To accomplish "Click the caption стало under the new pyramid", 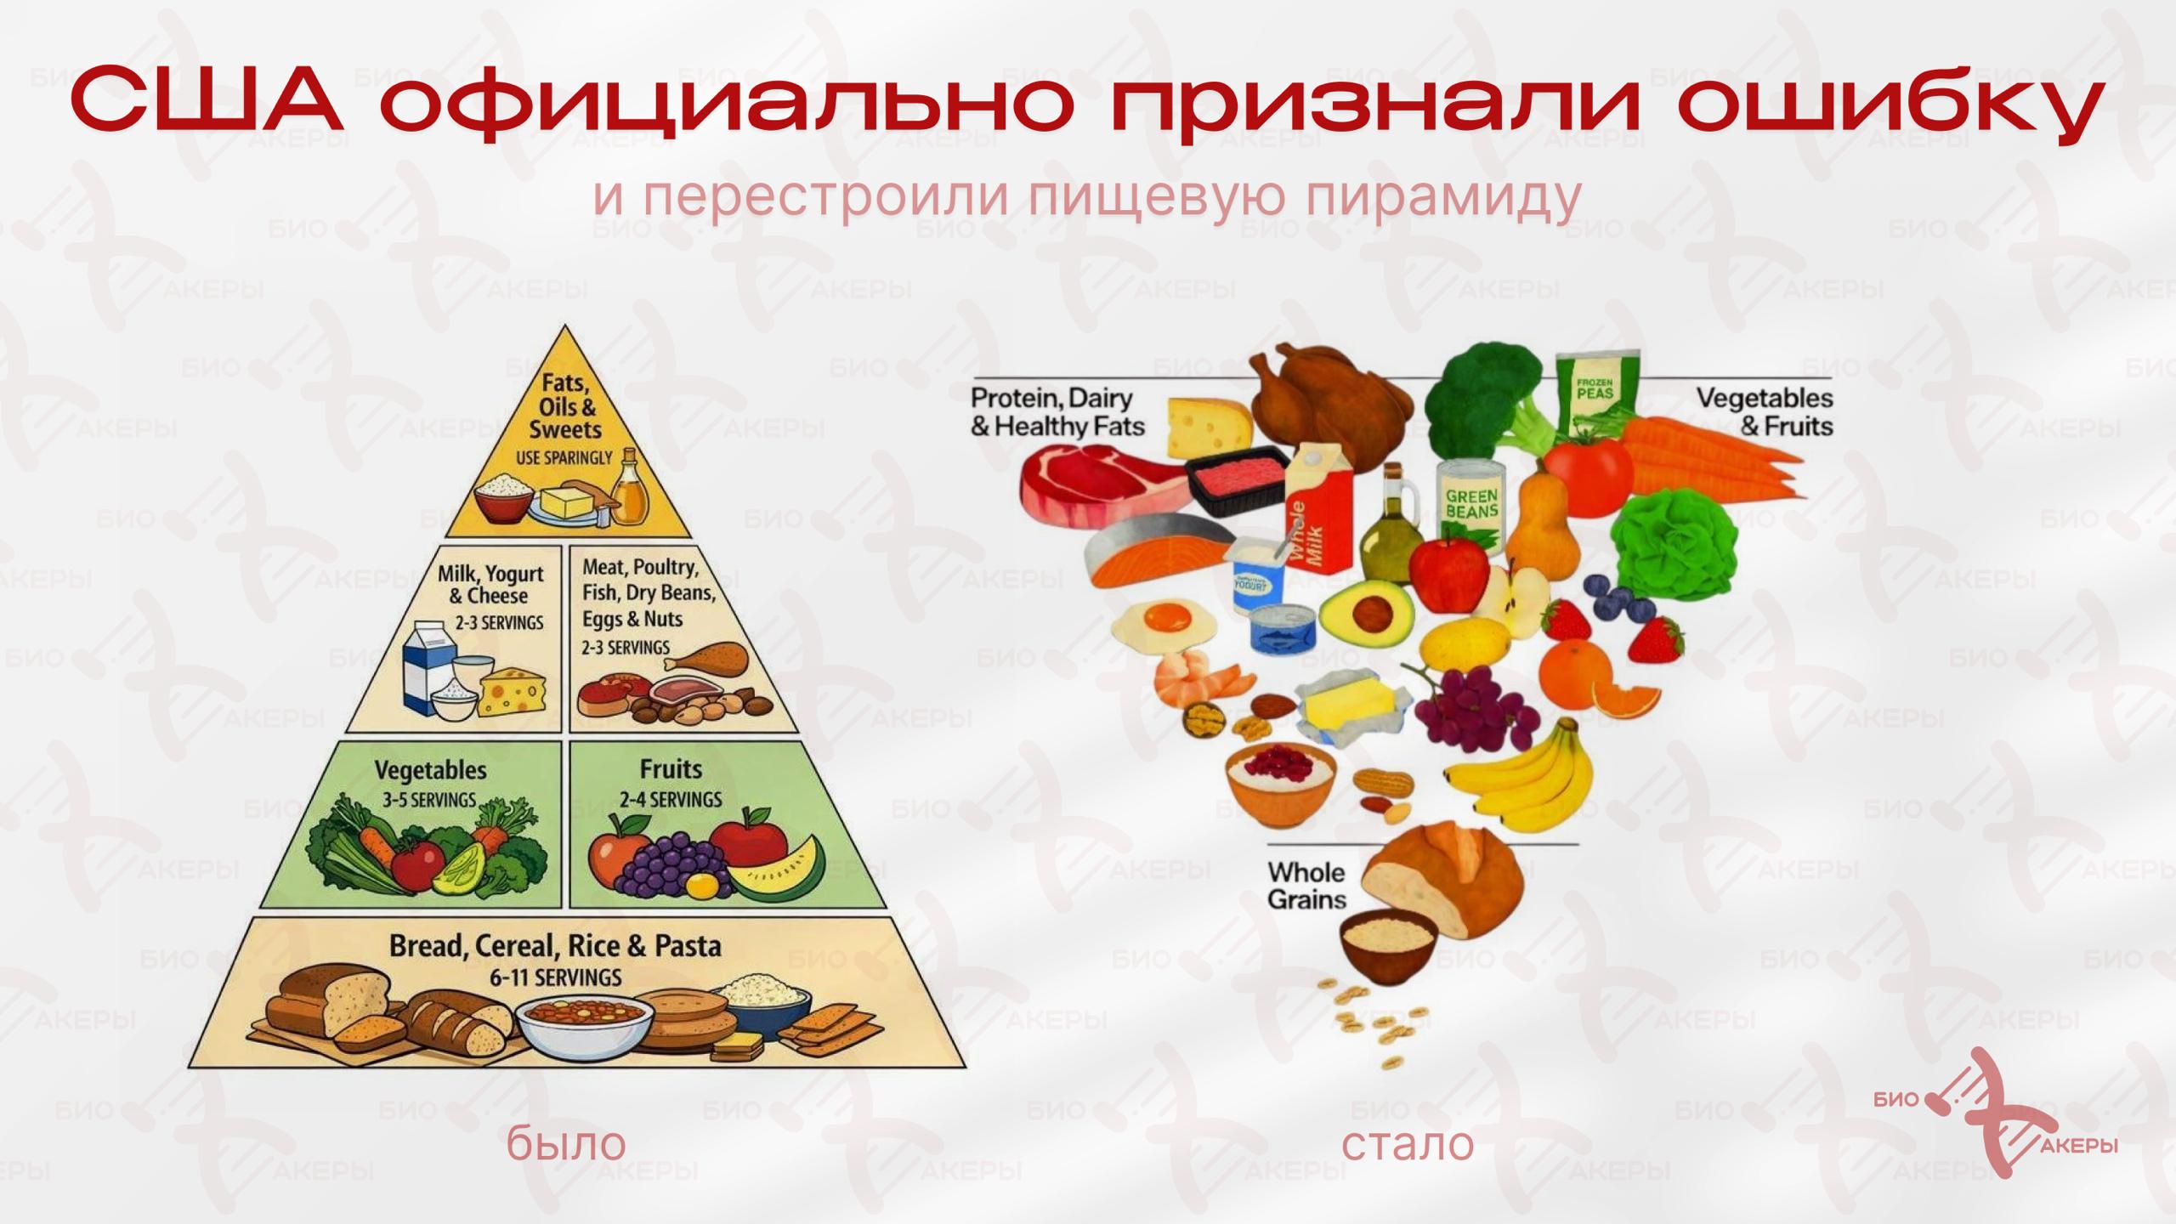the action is pyautogui.click(x=1408, y=1144).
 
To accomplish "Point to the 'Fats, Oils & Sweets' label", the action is pyautogui.click(x=565, y=406).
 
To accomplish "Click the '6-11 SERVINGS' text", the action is pyautogui.click(x=556, y=977).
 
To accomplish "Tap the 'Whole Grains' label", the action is pyautogui.click(x=1306, y=886).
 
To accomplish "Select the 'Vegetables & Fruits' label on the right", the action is pyautogui.click(x=1765, y=411).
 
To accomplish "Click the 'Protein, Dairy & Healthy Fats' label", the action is pyautogui.click(x=1057, y=411).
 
